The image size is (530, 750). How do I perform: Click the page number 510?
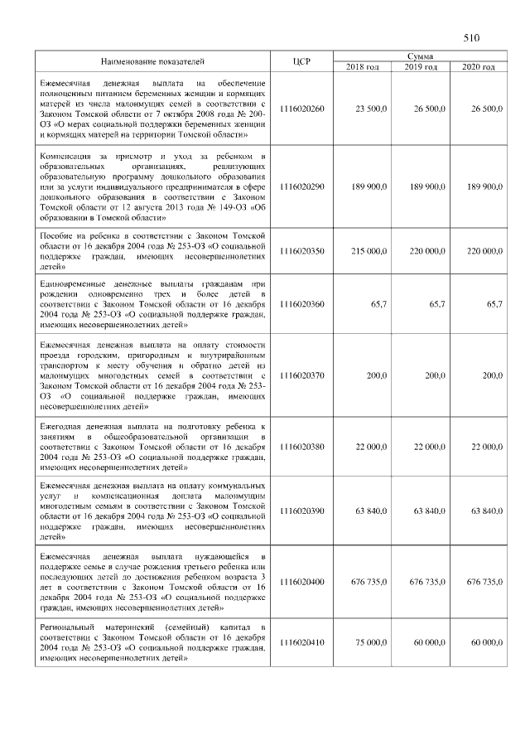pyautogui.click(x=472, y=38)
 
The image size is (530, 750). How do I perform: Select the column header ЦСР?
pyautogui.click(x=301, y=62)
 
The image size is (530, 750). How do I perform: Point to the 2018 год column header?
pyautogui.click(x=362, y=67)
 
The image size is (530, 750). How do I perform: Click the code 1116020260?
pyautogui.click(x=302, y=109)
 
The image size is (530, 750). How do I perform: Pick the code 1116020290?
pyautogui.click(x=302, y=186)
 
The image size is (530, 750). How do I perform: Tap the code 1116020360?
pyautogui.click(x=302, y=304)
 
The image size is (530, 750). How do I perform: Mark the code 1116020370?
pyautogui.click(x=302, y=375)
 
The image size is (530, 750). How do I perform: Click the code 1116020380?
pyautogui.click(x=302, y=446)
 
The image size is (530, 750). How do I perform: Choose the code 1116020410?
pyautogui.click(x=302, y=642)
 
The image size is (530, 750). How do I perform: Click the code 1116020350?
pyautogui.click(x=302, y=250)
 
